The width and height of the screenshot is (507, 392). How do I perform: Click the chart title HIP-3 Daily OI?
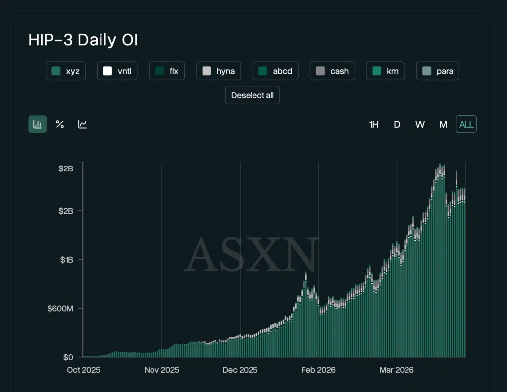click(83, 40)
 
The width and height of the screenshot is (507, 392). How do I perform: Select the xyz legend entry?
click(66, 71)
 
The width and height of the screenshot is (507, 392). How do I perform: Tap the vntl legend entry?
click(117, 71)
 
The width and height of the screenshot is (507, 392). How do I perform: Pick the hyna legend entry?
click(218, 71)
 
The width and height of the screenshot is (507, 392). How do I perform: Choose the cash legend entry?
click(332, 71)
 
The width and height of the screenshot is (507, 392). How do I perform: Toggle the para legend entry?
click(438, 71)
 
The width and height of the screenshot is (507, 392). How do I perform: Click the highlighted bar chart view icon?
click(37, 124)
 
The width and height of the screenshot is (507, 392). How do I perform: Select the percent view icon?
click(60, 124)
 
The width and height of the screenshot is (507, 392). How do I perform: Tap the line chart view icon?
click(83, 124)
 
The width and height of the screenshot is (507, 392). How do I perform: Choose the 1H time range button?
click(374, 125)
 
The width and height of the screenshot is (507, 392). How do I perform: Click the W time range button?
click(420, 125)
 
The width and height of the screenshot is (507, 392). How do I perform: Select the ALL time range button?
click(466, 125)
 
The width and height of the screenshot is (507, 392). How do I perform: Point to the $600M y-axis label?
click(60, 309)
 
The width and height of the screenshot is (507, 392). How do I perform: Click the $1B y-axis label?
click(66, 260)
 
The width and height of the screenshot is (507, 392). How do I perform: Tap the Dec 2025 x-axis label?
click(240, 370)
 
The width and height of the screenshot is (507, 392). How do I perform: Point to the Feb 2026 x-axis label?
click(318, 370)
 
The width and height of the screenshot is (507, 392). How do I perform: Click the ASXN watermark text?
click(252, 255)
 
